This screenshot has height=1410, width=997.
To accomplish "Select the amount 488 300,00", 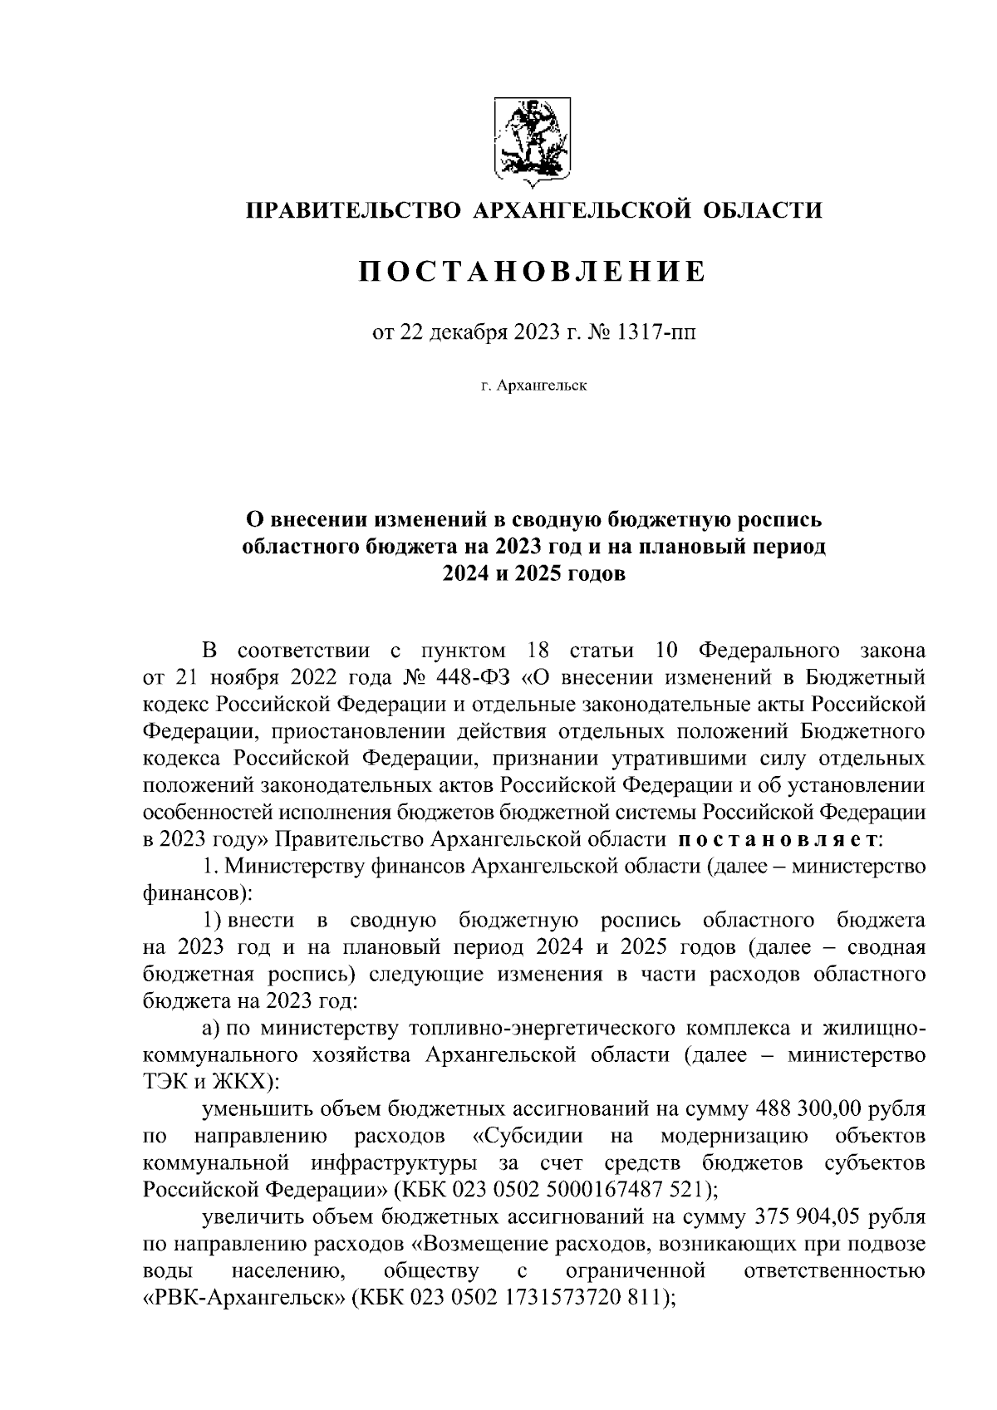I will point(813,1109).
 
